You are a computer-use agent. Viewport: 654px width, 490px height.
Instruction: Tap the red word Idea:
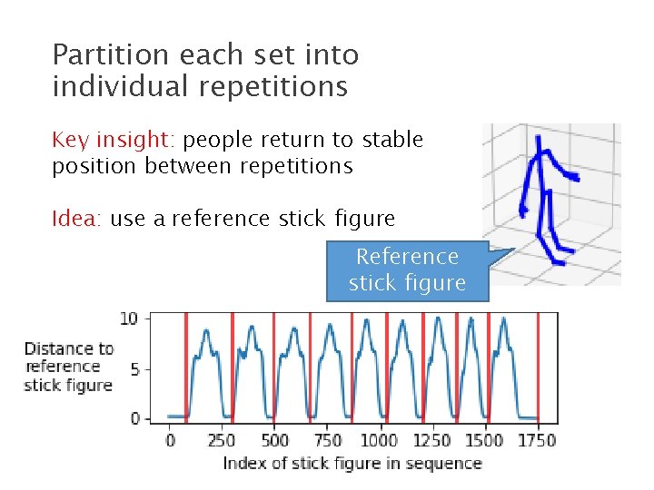click(x=78, y=219)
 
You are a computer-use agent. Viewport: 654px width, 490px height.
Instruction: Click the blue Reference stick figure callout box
click(x=407, y=269)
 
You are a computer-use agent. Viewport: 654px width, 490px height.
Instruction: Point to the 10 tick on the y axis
click(x=129, y=318)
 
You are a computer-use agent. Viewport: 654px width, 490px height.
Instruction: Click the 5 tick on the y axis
click(x=134, y=369)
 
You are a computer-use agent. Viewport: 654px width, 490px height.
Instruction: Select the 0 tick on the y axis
click(x=134, y=418)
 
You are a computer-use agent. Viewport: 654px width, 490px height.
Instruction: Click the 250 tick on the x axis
click(x=222, y=440)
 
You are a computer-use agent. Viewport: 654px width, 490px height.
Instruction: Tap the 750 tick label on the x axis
click(x=326, y=440)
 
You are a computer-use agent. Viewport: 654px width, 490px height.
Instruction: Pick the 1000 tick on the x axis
click(x=379, y=440)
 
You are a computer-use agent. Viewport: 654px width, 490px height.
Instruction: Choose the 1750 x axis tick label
click(x=536, y=440)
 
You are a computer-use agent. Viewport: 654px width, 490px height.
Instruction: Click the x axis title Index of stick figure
click(x=352, y=464)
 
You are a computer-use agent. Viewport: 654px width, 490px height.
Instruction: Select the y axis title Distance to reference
click(x=69, y=367)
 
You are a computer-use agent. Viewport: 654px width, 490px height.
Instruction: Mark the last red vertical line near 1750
click(x=538, y=367)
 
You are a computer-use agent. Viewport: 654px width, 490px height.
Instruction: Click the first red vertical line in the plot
click(x=186, y=367)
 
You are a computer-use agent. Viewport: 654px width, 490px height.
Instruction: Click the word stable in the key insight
click(x=392, y=140)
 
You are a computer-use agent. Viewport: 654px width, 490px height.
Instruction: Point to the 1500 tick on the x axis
click(x=483, y=440)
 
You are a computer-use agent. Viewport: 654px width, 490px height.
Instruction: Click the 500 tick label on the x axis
click(x=274, y=440)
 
